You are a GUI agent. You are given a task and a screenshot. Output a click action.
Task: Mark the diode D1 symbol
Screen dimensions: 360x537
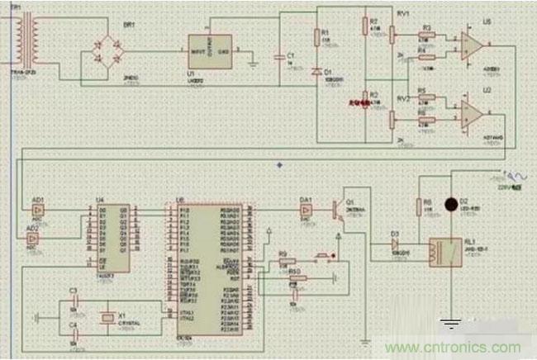tap(316, 71)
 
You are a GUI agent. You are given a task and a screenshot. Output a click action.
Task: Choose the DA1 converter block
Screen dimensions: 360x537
tap(306, 211)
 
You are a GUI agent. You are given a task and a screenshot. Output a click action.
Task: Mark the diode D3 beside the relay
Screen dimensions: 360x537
tap(394, 244)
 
